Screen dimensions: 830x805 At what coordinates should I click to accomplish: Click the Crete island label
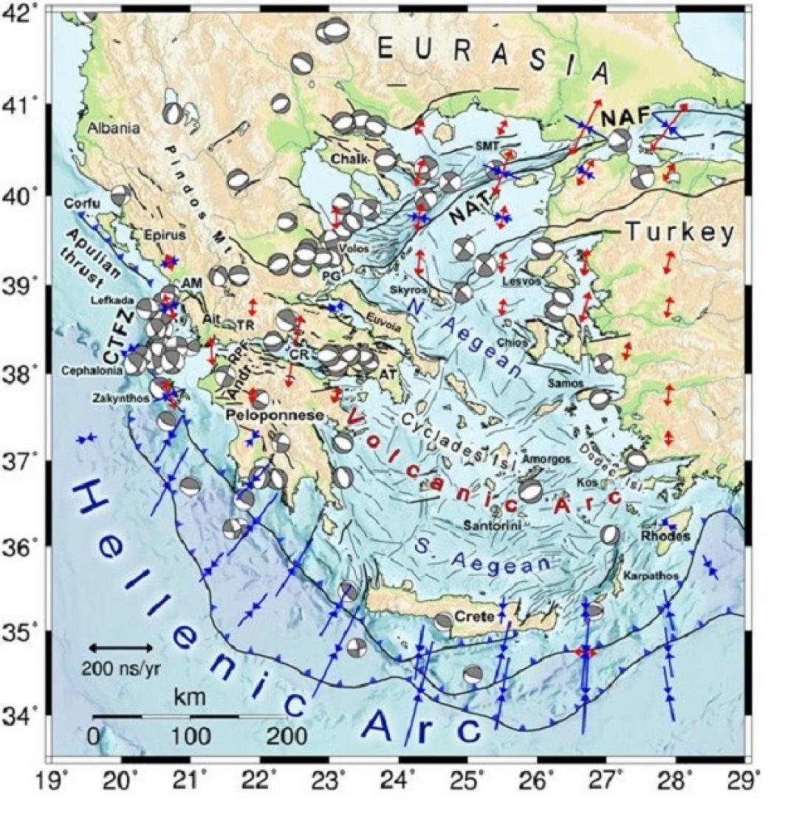coord(474,616)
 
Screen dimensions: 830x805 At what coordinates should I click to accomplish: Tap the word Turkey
coord(681,233)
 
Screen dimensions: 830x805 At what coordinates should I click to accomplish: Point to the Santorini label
coord(493,525)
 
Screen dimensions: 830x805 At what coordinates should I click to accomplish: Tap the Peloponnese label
coord(275,416)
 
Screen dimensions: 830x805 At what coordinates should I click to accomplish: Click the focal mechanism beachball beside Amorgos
coord(530,490)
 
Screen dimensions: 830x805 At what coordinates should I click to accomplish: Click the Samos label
coord(566,383)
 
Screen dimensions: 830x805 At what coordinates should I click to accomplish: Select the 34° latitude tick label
coord(25,715)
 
